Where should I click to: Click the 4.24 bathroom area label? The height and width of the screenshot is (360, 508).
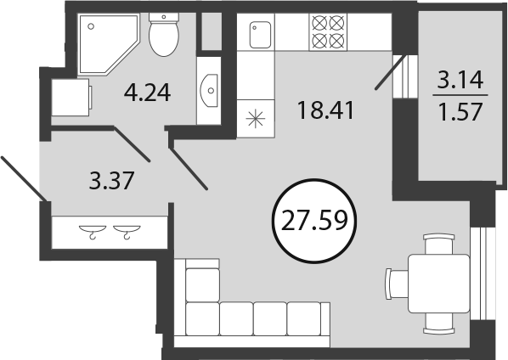pos(148,93)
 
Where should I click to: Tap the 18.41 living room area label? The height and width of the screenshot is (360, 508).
pos(325,110)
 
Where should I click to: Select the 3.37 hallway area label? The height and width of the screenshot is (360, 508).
pos(111,181)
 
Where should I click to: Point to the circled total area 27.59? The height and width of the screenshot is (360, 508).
pos(315,221)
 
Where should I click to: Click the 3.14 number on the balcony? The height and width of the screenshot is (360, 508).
pos(460,81)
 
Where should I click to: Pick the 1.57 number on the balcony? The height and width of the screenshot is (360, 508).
pos(460,112)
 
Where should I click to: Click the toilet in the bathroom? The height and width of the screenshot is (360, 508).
pos(164,35)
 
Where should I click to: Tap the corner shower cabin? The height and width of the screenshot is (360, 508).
pos(109,43)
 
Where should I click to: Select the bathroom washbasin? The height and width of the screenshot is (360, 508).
pos(210,90)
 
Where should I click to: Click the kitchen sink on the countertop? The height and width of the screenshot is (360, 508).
pos(260,35)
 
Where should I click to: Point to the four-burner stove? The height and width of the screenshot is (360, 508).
pos(328,31)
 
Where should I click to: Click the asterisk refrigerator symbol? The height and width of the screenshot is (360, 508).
pos(256,119)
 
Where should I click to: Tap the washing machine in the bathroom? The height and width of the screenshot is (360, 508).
pos(72,97)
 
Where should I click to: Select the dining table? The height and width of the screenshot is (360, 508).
pos(439,284)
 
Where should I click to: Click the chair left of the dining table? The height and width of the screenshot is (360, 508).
pos(397,284)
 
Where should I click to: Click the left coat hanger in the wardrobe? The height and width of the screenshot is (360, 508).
pos(93,232)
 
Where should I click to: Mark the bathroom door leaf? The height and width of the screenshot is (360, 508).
pos(132,144)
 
